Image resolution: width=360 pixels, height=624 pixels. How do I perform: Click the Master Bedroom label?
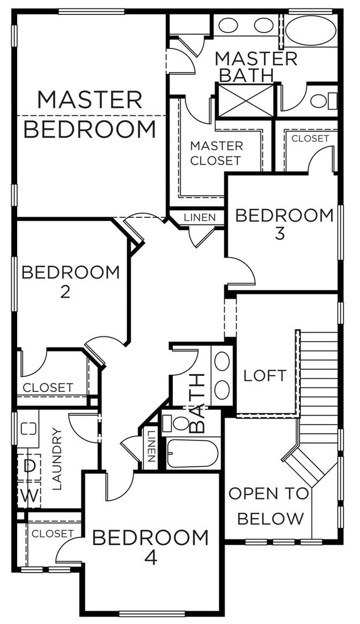point(90,115)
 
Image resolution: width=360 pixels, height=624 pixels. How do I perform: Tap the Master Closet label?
point(216,154)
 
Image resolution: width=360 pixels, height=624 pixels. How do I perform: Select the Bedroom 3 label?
point(285,223)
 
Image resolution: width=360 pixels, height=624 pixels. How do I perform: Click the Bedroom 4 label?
point(150,546)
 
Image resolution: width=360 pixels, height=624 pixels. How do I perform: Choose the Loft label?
point(265,376)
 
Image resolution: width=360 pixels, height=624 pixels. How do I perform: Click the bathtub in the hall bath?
point(192,453)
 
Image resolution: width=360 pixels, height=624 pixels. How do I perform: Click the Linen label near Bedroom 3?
point(200,218)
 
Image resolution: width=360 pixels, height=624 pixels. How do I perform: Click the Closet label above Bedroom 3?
point(310,138)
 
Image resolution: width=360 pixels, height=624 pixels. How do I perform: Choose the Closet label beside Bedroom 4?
point(52,533)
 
